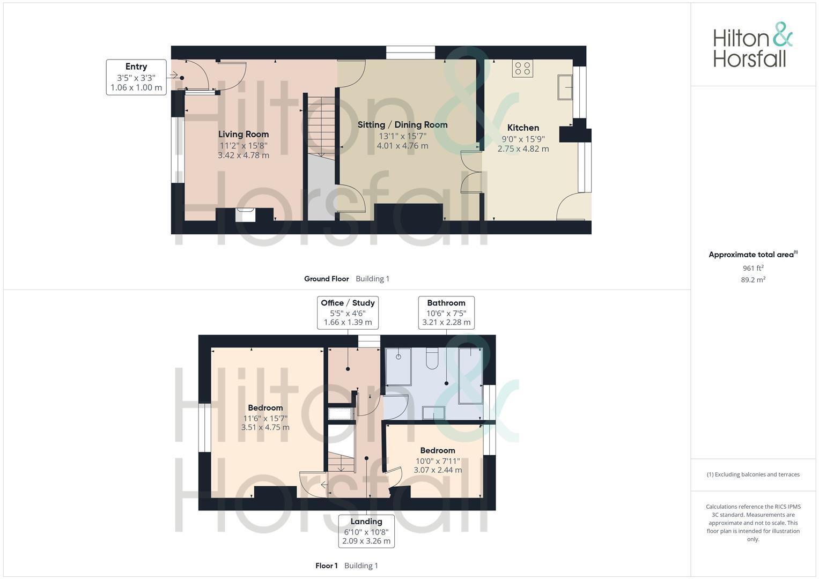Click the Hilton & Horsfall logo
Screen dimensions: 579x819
tap(752, 45)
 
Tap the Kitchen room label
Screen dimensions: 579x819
tap(523, 128)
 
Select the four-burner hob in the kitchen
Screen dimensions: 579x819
tap(522, 68)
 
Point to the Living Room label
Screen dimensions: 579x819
tap(244, 134)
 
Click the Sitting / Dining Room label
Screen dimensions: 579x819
tap(402, 124)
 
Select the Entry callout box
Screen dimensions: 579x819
tap(136, 77)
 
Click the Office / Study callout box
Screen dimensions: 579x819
tap(348, 313)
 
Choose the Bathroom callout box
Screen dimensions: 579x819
tap(446, 313)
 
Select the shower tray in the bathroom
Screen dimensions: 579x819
tap(398, 367)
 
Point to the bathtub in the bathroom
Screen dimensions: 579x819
tap(470, 375)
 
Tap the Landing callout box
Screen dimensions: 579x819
tap(366, 531)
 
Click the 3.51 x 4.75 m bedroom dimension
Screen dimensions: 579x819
tap(265, 427)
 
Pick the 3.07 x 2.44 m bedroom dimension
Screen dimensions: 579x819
tap(438, 470)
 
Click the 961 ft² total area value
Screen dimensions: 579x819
tap(753, 268)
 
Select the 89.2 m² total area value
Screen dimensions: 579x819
tap(753, 280)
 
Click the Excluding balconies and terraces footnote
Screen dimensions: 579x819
tap(753, 474)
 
